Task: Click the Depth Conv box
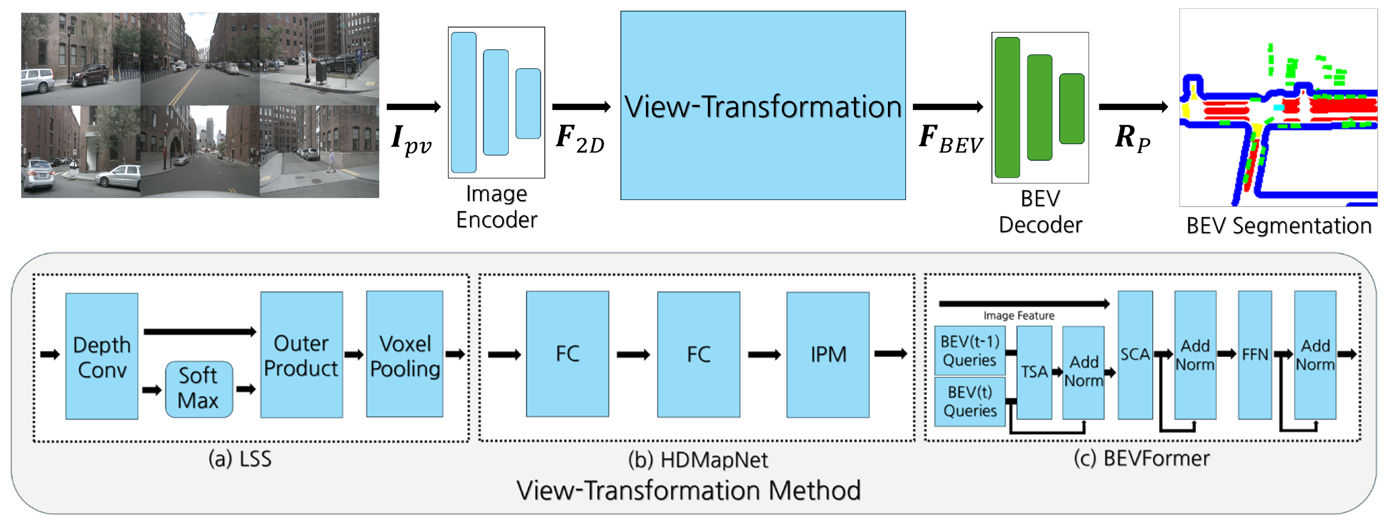(x=101, y=356)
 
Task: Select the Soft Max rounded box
(x=199, y=389)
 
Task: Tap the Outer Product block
(x=301, y=355)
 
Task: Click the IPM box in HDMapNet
(x=827, y=354)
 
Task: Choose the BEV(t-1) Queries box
(x=969, y=350)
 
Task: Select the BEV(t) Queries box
(x=969, y=401)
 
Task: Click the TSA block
(x=1034, y=371)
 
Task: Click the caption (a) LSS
(x=240, y=459)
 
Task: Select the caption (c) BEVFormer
(x=1141, y=458)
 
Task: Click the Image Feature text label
(x=1018, y=316)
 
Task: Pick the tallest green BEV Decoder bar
(x=1007, y=107)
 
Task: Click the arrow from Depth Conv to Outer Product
(x=199, y=331)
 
